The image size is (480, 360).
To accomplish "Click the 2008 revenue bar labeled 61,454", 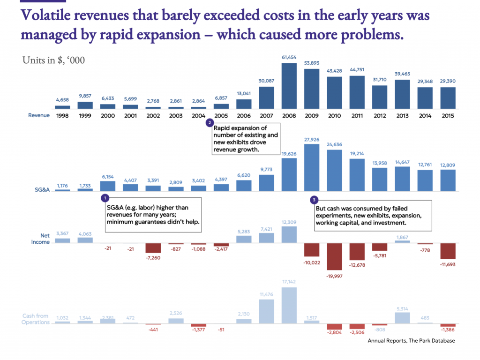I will point(289,86).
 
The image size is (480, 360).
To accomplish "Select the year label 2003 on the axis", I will point(176,115).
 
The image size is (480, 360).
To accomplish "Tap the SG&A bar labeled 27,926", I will point(312,167).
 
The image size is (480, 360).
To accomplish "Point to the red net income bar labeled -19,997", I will point(334,256).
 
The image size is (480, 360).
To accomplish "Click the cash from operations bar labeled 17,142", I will point(289,305).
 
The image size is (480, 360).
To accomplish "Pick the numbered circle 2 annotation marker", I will point(210,123).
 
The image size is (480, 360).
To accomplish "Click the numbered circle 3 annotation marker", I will point(314,200).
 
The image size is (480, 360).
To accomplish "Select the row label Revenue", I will point(39,115).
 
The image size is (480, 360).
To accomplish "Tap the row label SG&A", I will point(43,189).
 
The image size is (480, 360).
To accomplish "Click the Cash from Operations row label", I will point(36,319).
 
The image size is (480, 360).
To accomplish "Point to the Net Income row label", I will point(40,239).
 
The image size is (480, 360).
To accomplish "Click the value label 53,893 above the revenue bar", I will point(312,63).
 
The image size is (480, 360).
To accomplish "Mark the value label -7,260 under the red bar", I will point(153,258).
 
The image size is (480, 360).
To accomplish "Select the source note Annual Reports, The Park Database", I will point(411,341).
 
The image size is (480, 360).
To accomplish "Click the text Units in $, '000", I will point(53,60).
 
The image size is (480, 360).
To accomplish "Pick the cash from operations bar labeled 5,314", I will point(402,318).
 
